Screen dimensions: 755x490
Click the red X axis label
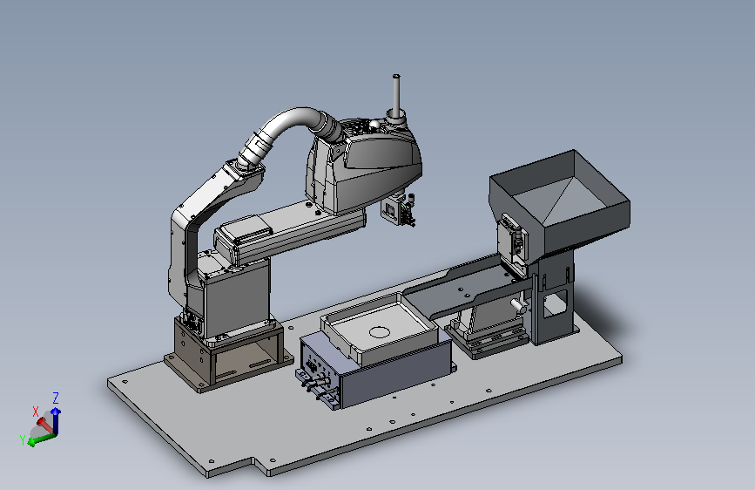[35, 412]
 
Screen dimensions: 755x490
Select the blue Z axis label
[56, 398]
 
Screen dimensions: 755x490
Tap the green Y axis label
[22, 439]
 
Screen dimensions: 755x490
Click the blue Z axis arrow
[56, 420]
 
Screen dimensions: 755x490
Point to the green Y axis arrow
[42, 439]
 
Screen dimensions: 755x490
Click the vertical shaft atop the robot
[396, 95]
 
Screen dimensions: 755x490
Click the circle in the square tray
[379, 332]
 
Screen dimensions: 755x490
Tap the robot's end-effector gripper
[399, 210]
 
